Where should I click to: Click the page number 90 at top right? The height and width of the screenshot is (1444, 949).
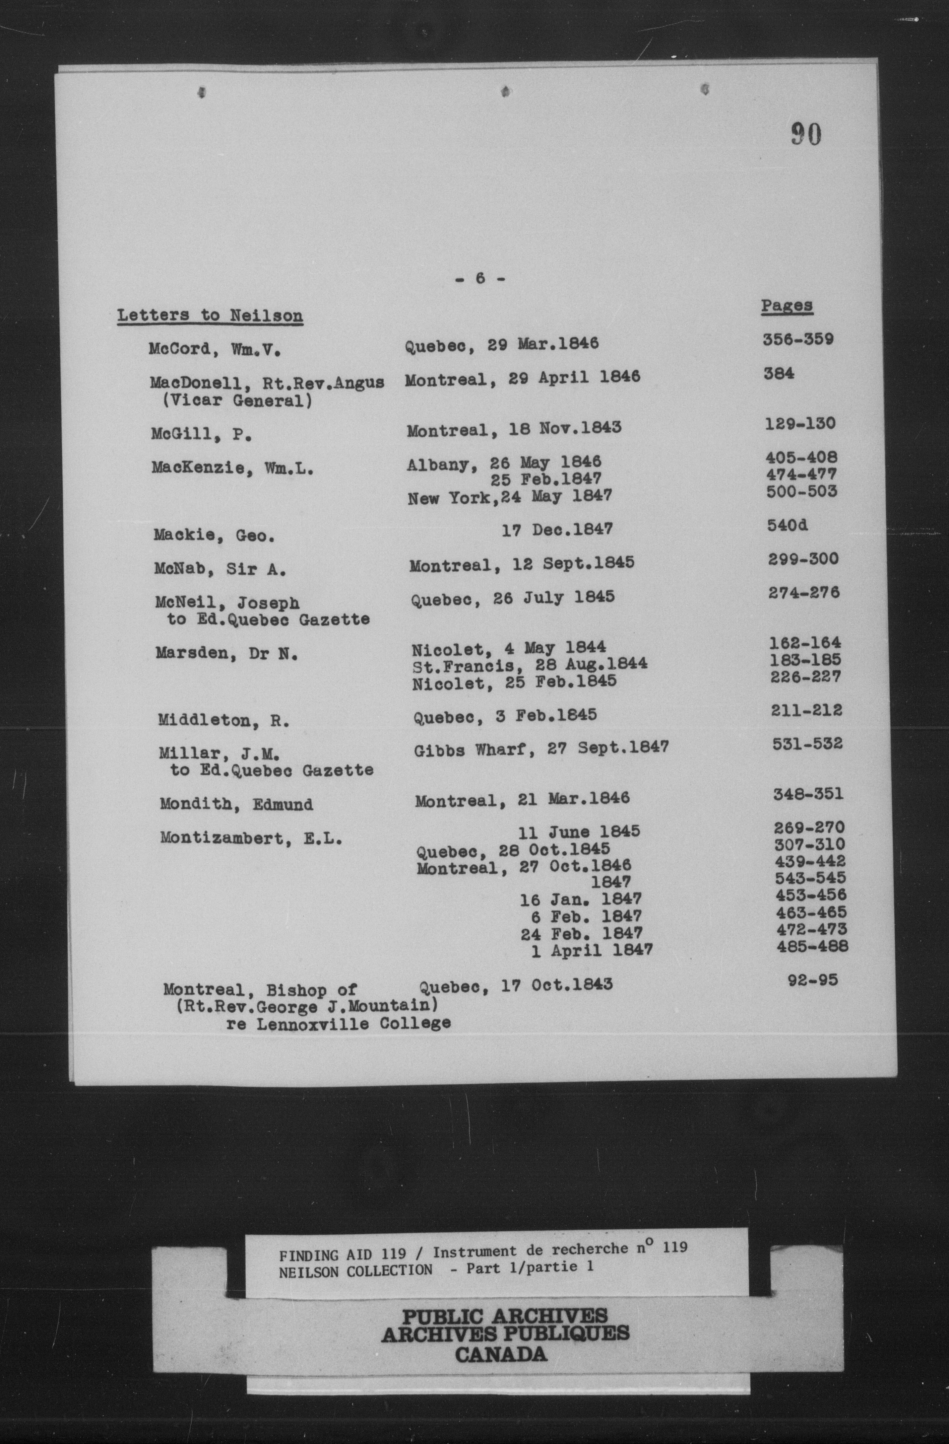[x=806, y=134]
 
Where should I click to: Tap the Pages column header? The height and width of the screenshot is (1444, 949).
[x=787, y=306]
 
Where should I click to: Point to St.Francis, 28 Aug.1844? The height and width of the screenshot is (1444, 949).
[x=529, y=664]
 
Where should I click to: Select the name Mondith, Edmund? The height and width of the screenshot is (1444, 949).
[x=236, y=804]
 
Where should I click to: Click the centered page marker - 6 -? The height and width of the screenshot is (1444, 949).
[x=479, y=279]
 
